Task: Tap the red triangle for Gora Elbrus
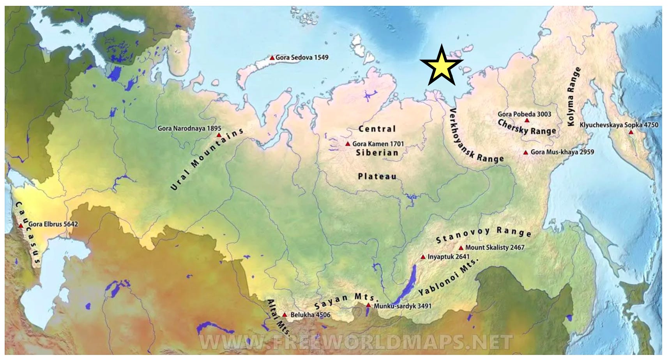[x=21, y=226]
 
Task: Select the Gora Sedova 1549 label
[x=302, y=58]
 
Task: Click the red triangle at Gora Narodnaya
[x=219, y=135]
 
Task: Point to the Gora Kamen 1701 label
[x=378, y=144]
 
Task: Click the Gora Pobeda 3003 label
[x=524, y=114]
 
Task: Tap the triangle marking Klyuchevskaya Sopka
[x=631, y=132]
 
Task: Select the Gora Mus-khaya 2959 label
[x=562, y=152]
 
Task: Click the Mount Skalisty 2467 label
[x=495, y=247]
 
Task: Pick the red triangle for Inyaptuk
[x=423, y=257]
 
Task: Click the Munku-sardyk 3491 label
[x=402, y=306]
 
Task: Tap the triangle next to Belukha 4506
[x=285, y=315]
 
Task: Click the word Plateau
[x=377, y=176]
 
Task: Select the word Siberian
[x=377, y=153]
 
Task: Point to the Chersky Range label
[x=527, y=127]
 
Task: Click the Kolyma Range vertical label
[x=572, y=97]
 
